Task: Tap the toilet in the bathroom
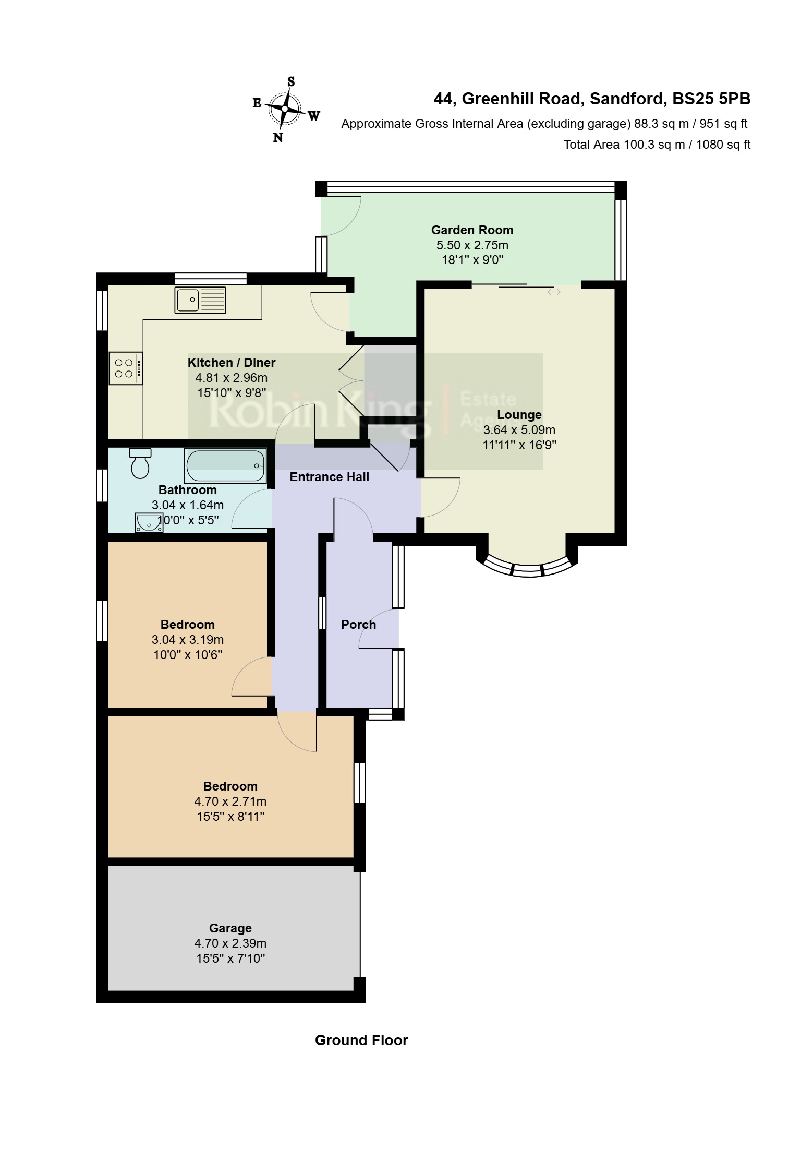(140, 463)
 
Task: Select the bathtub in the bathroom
(225, 466)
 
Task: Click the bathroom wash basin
(149, 522)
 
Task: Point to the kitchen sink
(201, 300)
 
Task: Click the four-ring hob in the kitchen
(126, 368)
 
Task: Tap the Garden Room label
(472, 230)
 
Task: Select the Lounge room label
(519, 415)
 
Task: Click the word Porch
(358, 625)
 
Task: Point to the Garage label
(230, 928)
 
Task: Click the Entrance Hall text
(329, 477)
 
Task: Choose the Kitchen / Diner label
(232, 363)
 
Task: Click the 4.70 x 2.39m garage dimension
(230, 943)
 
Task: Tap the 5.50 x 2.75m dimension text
(472, 245)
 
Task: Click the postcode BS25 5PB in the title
(711, 99)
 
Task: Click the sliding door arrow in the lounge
(553, 292)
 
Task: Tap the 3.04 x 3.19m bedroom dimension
(187, 640)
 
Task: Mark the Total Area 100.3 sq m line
(657, 145)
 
